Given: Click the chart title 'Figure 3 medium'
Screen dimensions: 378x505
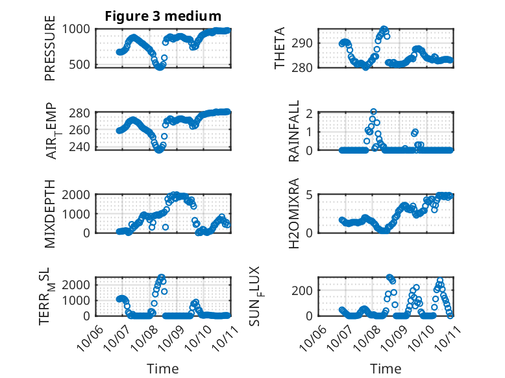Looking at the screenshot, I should click(x=163, y=16).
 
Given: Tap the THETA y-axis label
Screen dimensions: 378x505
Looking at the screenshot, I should click(x=280, y=48).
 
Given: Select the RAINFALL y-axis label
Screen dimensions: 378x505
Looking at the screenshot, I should click(x=294, y=132).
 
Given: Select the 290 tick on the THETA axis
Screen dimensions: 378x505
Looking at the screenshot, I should click(x=305, y=43).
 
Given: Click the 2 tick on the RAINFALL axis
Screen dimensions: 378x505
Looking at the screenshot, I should click(x=310, y=113).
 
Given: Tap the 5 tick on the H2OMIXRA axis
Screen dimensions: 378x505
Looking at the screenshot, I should click(x=310, y=195).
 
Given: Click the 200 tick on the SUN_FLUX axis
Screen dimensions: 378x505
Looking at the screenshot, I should click(x=305, y=289).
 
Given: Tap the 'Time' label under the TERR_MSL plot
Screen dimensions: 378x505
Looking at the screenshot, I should click(x=163, y=369).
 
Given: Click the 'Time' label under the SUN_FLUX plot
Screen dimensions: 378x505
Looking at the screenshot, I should click(x=386, y=369).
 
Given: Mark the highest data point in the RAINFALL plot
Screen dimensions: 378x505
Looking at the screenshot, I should click(x=373, y=112).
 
